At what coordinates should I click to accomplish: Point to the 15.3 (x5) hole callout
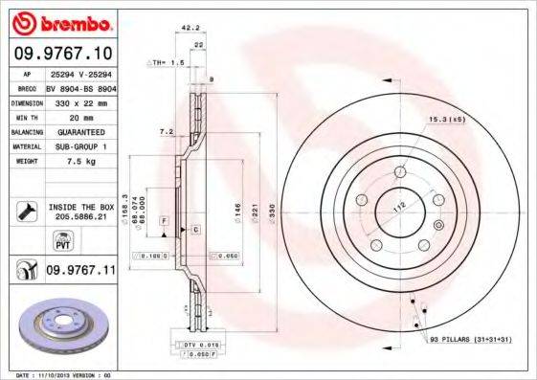point(447,120)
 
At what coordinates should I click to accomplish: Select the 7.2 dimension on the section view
point(166,130)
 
